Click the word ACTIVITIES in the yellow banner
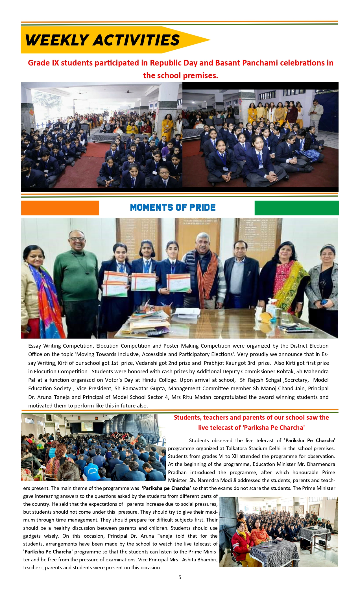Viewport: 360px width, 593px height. click(x=136, y=40)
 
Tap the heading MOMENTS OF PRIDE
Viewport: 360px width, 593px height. click(x=173, y=208)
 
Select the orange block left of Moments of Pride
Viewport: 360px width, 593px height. click(x=60, y=208)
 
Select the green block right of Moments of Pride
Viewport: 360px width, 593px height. click(x=296, y=208)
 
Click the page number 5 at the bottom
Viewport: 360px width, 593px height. click(x=180, y=577)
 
